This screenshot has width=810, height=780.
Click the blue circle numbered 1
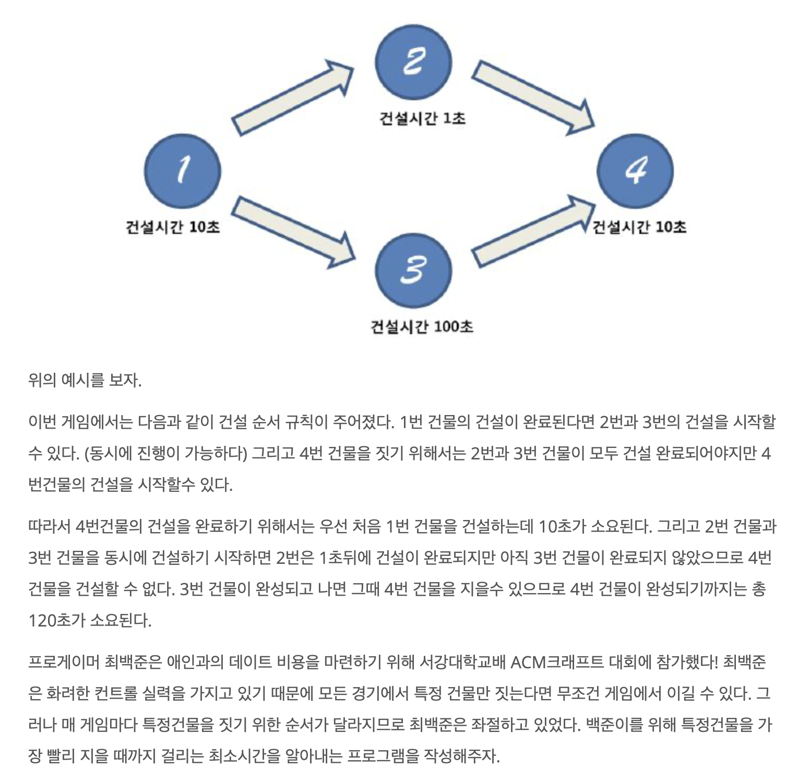click(183, 171)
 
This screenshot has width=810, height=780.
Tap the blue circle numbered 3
click(413, 270)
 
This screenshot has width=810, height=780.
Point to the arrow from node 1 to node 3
click(292, 230)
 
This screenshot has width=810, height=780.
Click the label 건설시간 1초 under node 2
click(422, 119)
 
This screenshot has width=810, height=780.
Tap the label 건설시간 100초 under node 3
click(422, 327)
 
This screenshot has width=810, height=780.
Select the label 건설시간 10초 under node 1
click(172, 227)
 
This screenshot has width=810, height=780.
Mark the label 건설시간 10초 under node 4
click(639, 227)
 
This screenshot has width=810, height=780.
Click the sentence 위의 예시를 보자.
click(85, 380)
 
